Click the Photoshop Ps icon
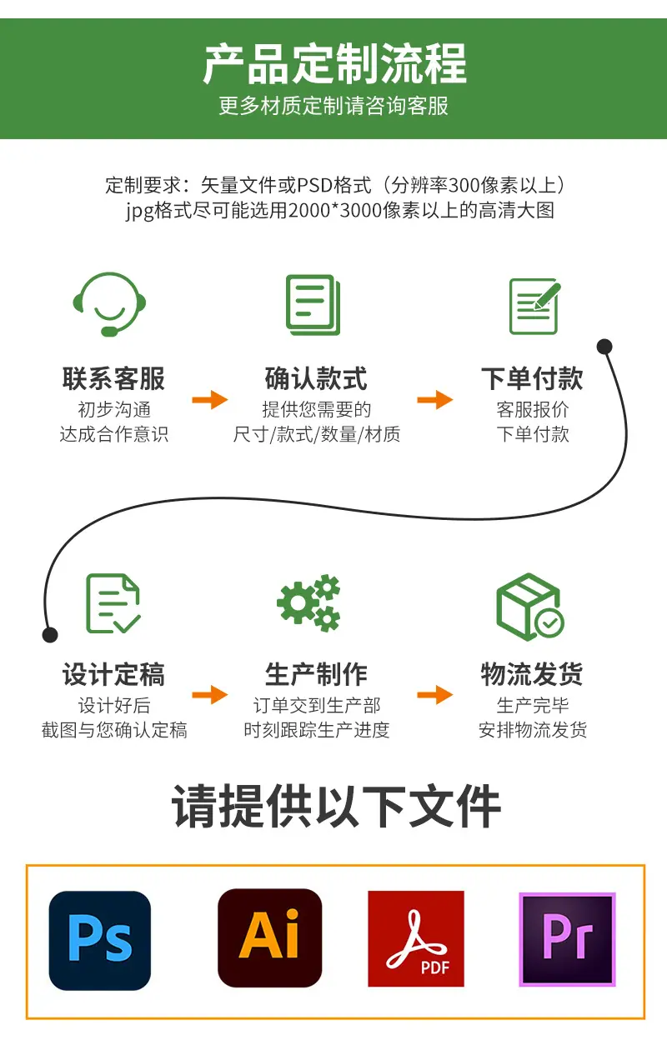click(100, 940)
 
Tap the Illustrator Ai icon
click(269, 937)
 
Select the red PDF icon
click(416, 938)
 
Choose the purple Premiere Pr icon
click(567, 939)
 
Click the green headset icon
click(109, 304)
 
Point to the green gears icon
click(308, 602)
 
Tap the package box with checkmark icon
click(529, 606)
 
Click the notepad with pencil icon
click(534, 306)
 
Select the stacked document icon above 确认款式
click(313, 305)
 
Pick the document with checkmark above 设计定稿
click(113, 603)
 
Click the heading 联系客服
click(113, 378)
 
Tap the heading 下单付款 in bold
click(532, 378)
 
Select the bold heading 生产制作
click(316, 674)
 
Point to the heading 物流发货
click(532, 674)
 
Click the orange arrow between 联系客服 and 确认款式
click(210, 400)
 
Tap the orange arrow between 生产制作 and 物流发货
click(435, 695)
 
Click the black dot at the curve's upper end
click(604, 347)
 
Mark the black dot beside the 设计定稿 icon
click(50, 634)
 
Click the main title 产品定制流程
click(334, 63)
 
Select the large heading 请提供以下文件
click(336, 806)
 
